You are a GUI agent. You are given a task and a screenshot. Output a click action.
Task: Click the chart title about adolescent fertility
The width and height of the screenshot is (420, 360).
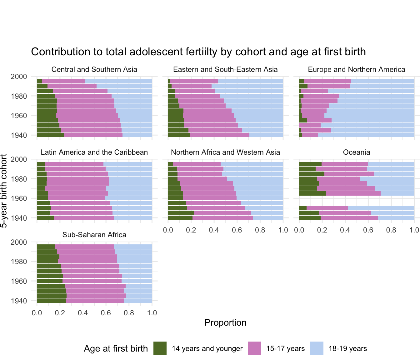click(198, 52)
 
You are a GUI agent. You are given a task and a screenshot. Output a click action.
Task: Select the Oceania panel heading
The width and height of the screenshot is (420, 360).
click(357, 152)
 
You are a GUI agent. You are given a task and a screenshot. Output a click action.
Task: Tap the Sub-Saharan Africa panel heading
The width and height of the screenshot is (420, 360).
click(94, 235)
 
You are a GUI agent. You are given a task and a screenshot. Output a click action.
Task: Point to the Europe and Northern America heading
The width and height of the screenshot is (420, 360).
click(357, 70)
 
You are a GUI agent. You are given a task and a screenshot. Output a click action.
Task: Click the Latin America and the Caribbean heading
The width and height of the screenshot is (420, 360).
click(94, 152)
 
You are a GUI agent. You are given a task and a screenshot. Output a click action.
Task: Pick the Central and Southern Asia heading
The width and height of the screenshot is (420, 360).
click(94, 70)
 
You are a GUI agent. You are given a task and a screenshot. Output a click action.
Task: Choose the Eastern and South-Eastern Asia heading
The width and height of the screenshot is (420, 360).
click(225, 70)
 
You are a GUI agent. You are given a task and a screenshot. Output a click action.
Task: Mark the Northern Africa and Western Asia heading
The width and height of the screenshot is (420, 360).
click(225, 152)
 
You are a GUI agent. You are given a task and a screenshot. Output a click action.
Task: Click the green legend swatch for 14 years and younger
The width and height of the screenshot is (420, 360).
click(160, 348)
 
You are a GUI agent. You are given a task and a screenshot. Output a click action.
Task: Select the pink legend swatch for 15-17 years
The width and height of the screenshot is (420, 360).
click(254, 348)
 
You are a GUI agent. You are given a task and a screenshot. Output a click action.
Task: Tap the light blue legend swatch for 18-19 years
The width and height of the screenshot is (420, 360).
click(317, 348)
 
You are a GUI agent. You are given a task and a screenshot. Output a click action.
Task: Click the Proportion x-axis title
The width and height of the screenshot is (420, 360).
click(225, 323)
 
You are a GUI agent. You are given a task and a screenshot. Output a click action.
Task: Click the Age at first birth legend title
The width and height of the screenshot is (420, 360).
click(116, 349)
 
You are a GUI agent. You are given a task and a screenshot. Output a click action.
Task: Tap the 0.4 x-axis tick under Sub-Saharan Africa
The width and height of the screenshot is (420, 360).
click(83, 313)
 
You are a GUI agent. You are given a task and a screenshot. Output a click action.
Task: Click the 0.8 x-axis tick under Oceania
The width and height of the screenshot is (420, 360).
click(391, 230)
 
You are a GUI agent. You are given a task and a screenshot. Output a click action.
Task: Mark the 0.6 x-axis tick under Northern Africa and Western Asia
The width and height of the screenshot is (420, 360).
click(237, 230)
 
